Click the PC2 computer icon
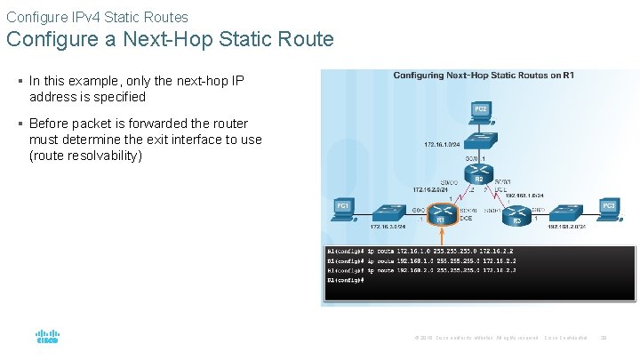click(x=480, y=111)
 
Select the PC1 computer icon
click(x=343, y=208)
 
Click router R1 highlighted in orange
click(x=440, y=216)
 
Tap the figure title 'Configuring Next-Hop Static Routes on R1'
click(x=484, y=76)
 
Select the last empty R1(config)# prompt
click(x=346, y=280)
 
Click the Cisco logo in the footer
click(x=47, y=337)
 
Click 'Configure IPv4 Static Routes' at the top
click(x=97, y=17)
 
